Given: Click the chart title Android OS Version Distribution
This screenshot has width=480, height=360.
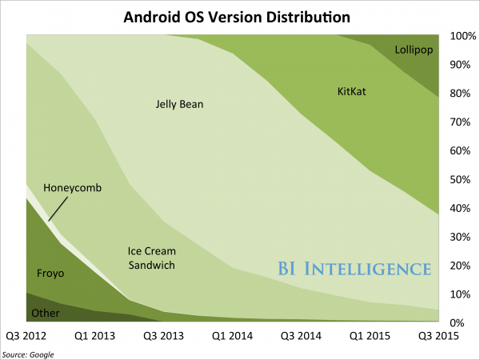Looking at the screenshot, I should pyautogui.click(x=239, y=15).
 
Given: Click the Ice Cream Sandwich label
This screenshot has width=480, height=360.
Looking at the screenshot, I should pyautogui.click(x=152, y=258).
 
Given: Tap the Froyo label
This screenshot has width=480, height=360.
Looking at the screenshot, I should pyautogui.click(x=50, y=274).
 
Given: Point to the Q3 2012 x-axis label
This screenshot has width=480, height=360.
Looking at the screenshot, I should pyautogui.click(x=27, y=336).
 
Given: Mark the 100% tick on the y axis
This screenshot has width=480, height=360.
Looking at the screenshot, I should pyautogui.click(x=463, y=36).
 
